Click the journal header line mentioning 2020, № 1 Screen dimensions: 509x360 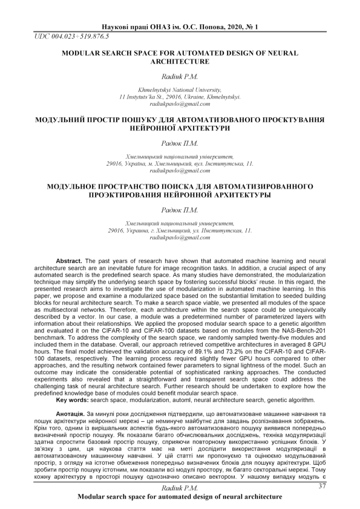[180, 27]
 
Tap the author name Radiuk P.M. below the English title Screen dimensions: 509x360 [180, 77]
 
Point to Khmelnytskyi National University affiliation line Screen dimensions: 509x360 [180, 90]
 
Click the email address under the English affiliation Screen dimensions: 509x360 [180, 103]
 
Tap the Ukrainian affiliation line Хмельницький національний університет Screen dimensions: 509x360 [180, 157]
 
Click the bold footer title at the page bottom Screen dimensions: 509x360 [180, 496]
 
